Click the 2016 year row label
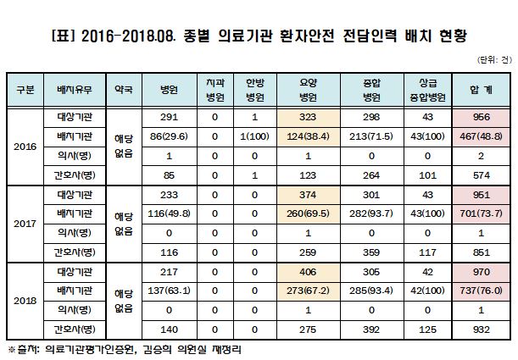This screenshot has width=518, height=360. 25,146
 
